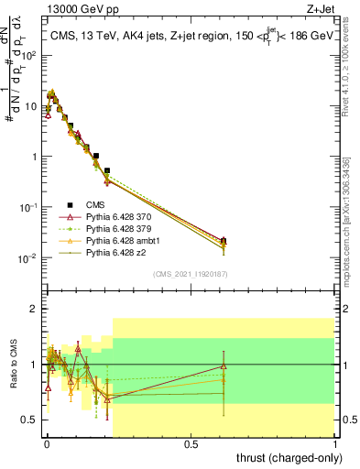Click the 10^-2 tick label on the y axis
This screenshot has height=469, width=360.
tap(29, 257)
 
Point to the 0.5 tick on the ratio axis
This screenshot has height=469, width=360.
tap(29, 420)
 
